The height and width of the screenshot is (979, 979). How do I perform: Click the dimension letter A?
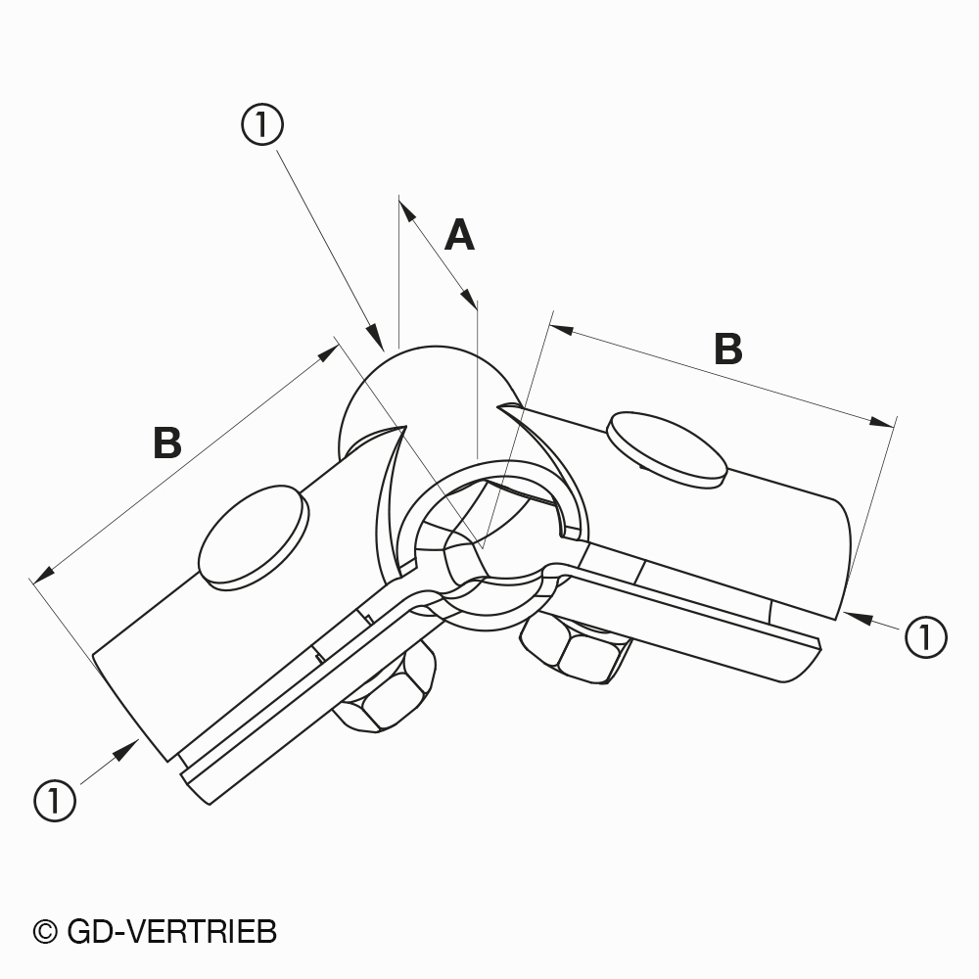pyautogui.click(x=459, y=235)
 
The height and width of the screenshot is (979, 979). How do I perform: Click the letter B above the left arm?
pyautogui.click(x=167, y=443)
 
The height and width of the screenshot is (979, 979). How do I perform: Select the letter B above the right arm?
pyautogui.click(x=728, y=349)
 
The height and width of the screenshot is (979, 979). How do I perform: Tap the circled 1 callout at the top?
pyautogui.click(x=262, y=125)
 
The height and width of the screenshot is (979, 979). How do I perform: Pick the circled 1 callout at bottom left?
pyautogui.click(x=55, y=801)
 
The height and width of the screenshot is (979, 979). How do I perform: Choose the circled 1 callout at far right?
pyautogui.click(x=926, y=637)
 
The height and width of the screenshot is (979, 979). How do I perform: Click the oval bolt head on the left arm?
pyautogui.click(x=254, y=536)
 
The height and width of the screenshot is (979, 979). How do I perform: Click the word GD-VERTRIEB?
pyautogui.click(x=171, y=932)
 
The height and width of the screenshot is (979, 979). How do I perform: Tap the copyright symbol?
pyautogui.click(x=45, y=933)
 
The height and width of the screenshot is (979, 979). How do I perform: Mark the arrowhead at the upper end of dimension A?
pyautogui.click(x=407, y=211)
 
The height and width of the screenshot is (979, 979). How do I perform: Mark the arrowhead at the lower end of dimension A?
pyautogui.click(x=468, y=299)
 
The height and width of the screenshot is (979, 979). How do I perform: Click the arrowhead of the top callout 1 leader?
pyautogui.click(x=375, y=335)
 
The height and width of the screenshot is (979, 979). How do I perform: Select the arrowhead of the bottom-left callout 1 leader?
pyautogui.click(x=125, y=749)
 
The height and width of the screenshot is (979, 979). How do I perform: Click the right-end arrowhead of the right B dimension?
pyautogui.click(x=881, y=422)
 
